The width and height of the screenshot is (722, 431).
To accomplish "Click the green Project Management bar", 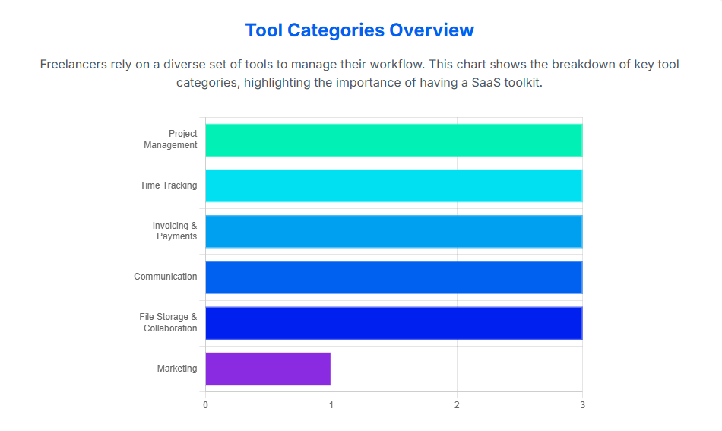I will coord(394,140).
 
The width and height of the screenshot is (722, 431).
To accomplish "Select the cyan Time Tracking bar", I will coord(394,185).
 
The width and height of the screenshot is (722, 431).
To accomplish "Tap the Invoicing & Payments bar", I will coord(394,231).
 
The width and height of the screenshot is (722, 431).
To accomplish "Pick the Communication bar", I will coord(394,277).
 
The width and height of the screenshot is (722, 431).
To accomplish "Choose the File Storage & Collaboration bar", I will coord(394,322).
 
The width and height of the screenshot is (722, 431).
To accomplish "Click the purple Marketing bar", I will coord(268,369).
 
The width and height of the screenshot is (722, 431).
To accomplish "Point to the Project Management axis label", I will coord(171,139).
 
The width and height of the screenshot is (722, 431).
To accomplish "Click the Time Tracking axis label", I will coord(168,185).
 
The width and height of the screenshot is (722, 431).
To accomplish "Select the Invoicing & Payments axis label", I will coord(175,231).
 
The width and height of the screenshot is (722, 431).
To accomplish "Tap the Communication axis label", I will coord(165,277).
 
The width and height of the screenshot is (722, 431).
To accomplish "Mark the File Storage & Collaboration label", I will coord(169,322).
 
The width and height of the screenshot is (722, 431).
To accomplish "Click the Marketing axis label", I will coord(177,369).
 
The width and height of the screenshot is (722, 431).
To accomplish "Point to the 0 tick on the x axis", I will coord(205,405).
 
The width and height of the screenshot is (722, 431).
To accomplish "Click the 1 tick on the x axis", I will coord(331,405).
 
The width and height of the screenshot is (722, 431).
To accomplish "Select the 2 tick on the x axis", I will coord(457,405).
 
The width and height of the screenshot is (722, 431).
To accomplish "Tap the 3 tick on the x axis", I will coord(582,405).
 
